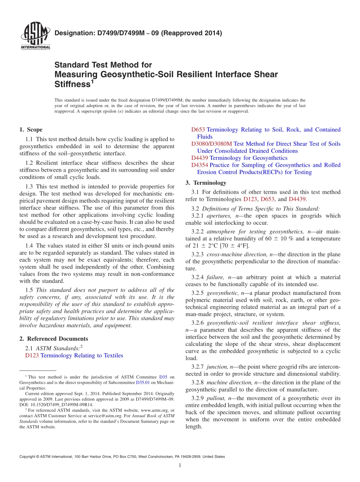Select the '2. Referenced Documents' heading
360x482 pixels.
click(x=54, y=339)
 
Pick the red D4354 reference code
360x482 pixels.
click(x=199, y=165)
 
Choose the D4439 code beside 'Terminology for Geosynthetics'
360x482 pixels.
click(x=199, y=158)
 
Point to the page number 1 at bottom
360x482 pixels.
click(x=180, y=465)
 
